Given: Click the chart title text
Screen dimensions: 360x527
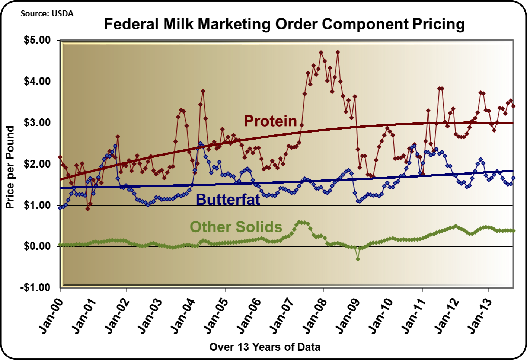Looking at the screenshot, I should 284,24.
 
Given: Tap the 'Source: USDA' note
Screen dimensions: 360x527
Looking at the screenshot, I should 47,14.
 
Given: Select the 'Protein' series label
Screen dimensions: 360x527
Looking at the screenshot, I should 270,121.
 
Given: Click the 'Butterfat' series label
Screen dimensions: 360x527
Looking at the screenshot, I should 228,200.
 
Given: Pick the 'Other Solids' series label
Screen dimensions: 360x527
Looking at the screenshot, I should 236,227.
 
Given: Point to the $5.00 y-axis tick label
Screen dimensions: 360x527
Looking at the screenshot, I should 37,40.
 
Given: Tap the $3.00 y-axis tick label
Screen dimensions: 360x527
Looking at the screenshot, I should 37,123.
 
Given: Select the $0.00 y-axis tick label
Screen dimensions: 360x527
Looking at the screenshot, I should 37,246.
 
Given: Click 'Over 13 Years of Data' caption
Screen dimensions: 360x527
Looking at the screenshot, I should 265,347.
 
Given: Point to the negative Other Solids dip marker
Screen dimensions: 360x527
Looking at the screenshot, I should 358,259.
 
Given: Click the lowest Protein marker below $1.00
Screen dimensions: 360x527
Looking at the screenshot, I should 87,209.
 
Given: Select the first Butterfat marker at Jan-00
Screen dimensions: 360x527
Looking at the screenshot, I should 60,208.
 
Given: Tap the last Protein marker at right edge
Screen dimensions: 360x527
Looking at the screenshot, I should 514,106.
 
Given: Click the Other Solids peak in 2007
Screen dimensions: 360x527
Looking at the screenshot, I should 299,222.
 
